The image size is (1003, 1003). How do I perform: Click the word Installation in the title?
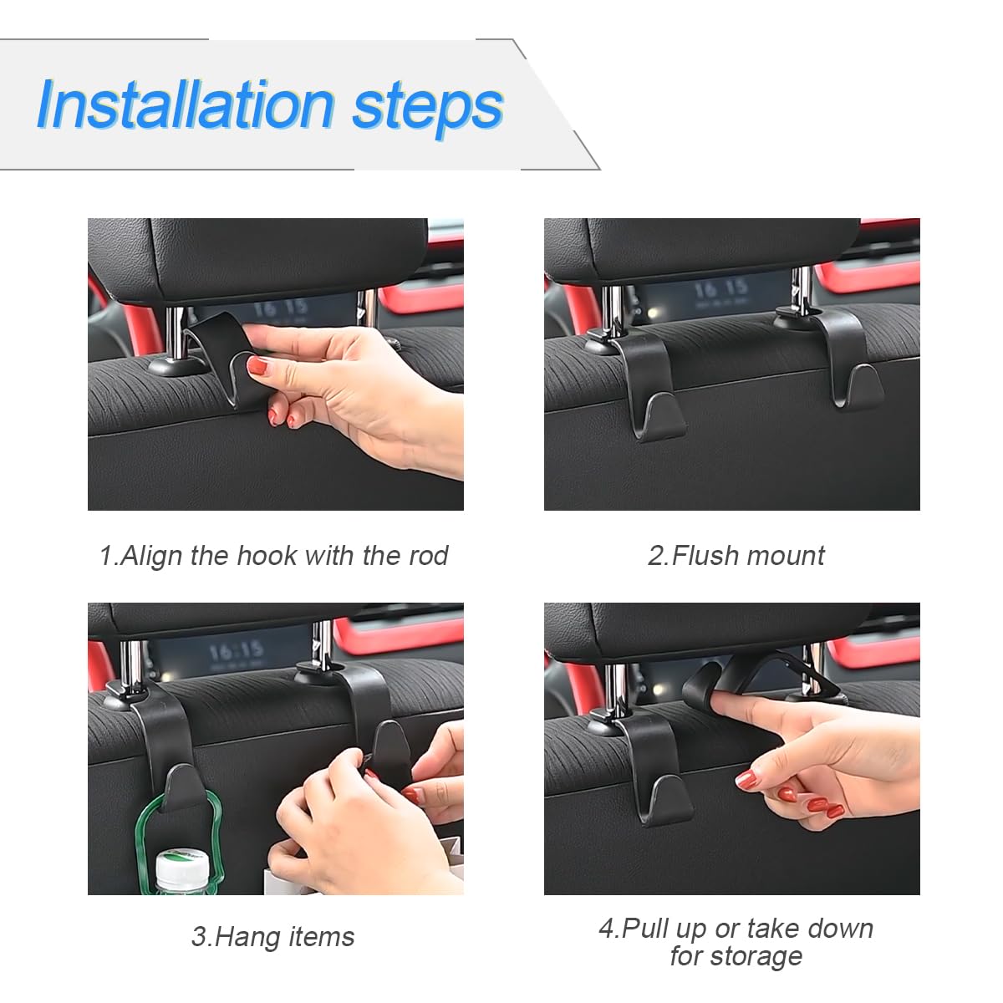[x=185, y=105]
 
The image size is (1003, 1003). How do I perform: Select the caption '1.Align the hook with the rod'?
[x=273, y=556]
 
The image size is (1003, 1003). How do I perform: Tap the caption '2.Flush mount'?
[x=736, y=556]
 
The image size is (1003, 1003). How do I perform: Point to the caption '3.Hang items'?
[x=272, y=937]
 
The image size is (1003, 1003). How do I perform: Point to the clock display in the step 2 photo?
[x=720, y=289]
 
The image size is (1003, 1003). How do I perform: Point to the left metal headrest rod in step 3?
[x=133, y=664]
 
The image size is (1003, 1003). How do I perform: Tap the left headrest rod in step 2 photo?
[x=612, y=309]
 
